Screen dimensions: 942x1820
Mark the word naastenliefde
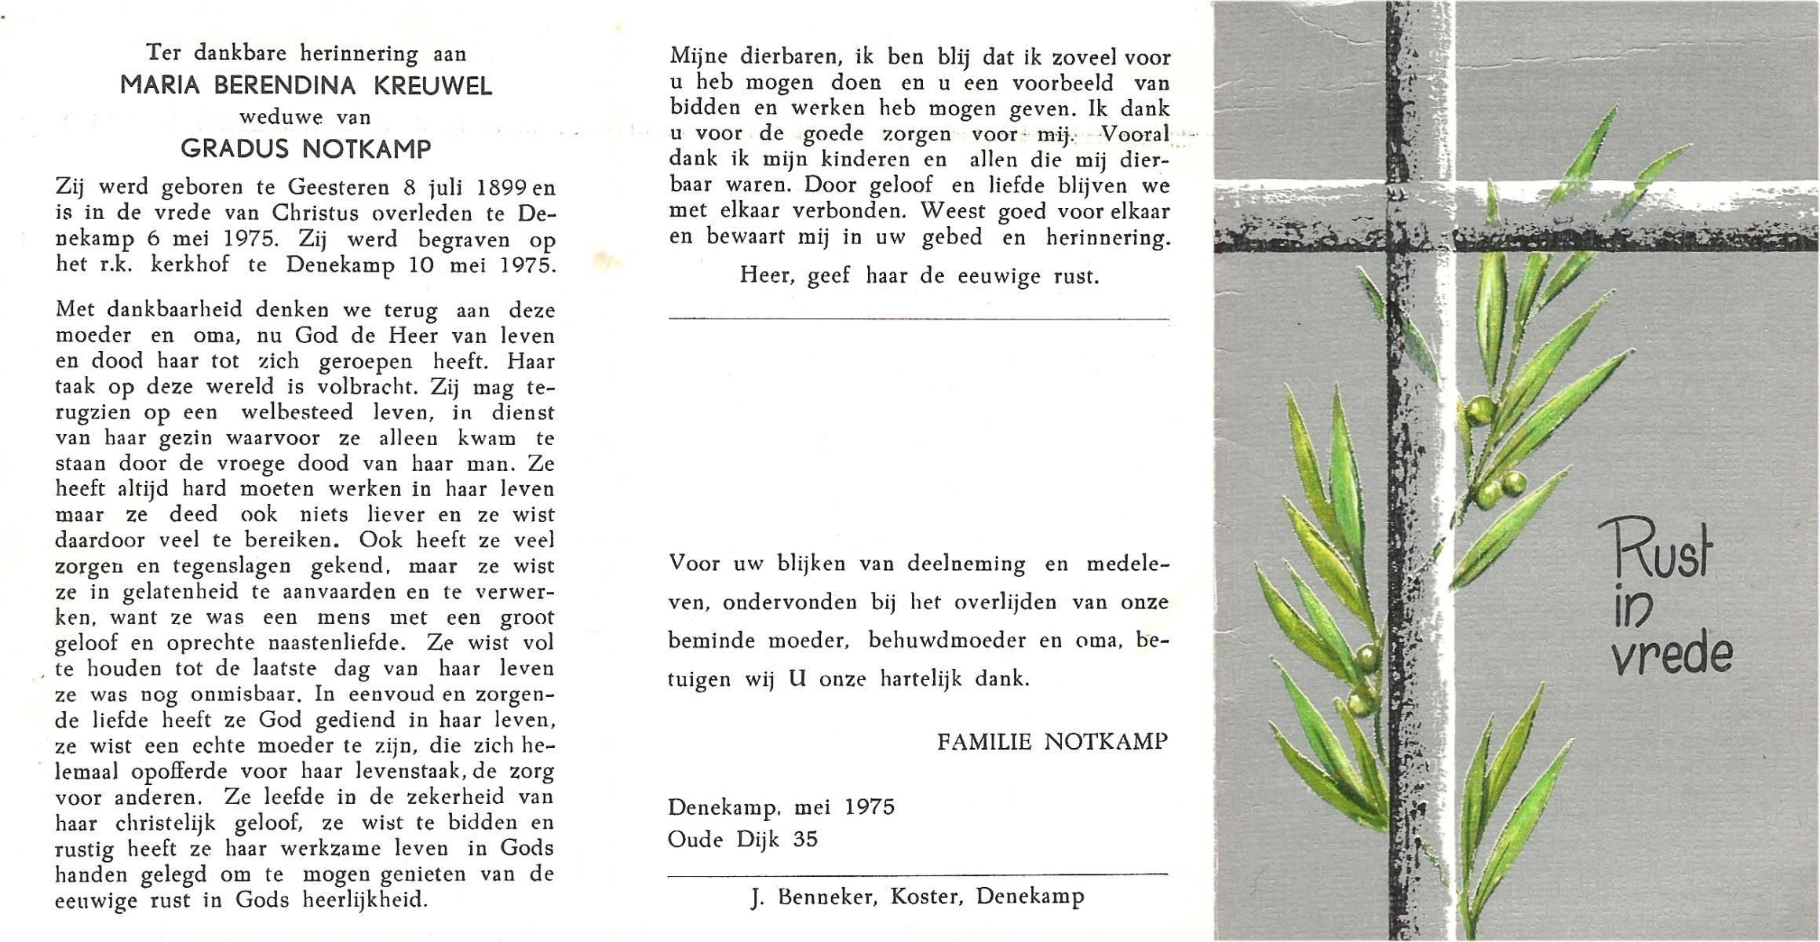pyautogui.click(x=337, y=643)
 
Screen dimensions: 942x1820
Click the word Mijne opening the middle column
pyautogui.click(x=698, y=57)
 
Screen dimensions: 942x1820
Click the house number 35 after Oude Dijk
pyautogui.click(x=805, y=839)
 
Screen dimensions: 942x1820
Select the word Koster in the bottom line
pyautogui.click(x=926, y=897)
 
